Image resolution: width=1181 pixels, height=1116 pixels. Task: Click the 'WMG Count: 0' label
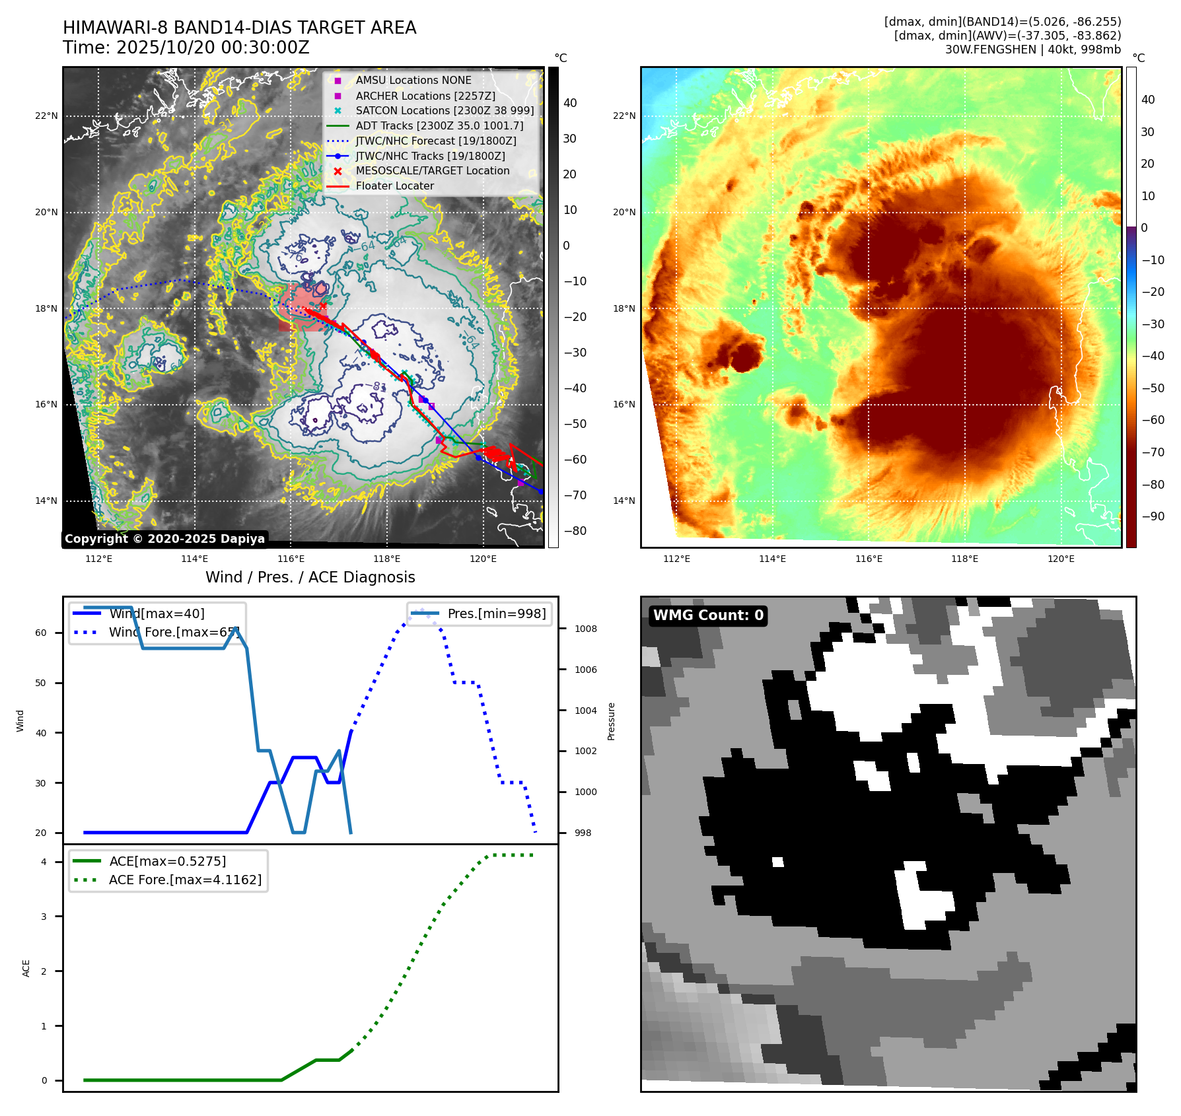coord(708,615)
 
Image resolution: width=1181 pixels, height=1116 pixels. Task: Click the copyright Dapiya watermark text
coord(164,539)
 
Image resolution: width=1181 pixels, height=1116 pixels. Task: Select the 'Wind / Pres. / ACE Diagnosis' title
coord(310,577)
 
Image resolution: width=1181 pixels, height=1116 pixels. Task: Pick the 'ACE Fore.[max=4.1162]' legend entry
coord(185,880)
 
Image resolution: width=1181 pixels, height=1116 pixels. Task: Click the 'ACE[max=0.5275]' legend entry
coord(167,861)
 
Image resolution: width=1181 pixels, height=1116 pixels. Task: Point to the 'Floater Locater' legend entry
coord(394,186)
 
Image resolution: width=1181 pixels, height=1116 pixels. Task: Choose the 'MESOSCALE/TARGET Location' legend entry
coord(432,171)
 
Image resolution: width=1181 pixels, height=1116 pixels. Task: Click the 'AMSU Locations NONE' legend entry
coord(413,81)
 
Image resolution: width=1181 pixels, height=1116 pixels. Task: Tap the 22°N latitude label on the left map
coord(46,116)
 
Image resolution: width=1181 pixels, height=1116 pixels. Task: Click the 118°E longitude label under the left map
coord(386,559)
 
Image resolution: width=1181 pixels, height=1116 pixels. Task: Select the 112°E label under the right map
coord(676,559)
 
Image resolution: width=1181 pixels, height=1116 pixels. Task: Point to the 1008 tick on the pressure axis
coord(585,629)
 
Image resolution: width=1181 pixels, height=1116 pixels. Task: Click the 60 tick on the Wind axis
coord(41,633)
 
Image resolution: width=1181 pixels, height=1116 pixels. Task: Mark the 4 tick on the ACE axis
coord(44,862)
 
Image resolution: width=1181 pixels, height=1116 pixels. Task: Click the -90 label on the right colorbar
coord(1153,516)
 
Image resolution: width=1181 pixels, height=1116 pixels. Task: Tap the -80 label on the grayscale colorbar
coord(575,531)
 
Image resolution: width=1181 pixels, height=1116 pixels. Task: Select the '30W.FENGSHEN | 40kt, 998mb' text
coord(1032,50)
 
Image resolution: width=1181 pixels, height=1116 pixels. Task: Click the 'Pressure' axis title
coord(611,721)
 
